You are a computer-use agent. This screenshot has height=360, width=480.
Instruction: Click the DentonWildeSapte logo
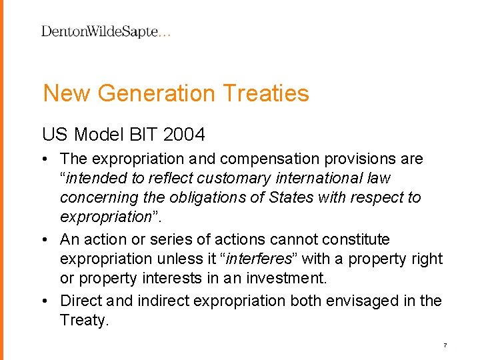coord(106,31)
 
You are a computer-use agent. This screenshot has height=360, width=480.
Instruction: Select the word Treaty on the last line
coord(83,320)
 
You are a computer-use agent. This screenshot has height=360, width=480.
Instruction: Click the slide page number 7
coord(445,345)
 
